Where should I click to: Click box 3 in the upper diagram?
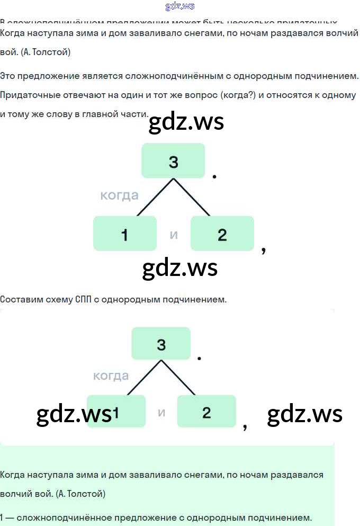tap(173, 161)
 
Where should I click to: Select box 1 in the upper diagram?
tap(125, 234)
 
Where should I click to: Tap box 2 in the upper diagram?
tap(222, 234)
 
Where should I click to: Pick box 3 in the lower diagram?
tap(161, 344)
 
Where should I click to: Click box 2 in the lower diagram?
tap(206, 412)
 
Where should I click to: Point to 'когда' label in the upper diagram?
tap(119, 195)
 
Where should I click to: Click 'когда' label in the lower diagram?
tap(111, 376)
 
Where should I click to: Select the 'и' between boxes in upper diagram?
tap(174, 234)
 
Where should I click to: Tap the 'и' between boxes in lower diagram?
tap(161, 412)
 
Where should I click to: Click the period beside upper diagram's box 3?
tap(214, 176)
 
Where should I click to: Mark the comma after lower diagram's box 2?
tap(245, 427)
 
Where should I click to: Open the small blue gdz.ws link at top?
tap(180, 6)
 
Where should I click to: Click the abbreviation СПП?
tap(80, 299)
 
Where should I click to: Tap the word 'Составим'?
tap(21, 299)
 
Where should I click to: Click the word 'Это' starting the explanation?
tap(9, 76)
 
